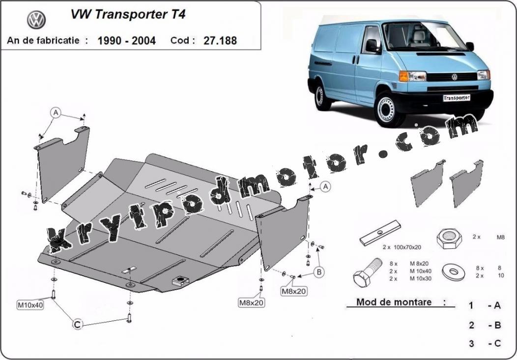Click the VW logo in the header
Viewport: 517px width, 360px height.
36,20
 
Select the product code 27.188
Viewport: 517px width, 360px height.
220,41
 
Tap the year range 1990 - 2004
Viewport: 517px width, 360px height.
127,41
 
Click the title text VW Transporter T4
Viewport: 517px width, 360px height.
128,15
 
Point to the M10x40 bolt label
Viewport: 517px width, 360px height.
30,305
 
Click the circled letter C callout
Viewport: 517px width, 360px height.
77,325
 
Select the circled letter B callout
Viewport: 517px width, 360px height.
319,272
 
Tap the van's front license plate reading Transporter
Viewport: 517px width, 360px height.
457,98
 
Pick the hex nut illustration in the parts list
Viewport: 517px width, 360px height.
449,238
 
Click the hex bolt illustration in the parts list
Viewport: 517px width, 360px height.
367,272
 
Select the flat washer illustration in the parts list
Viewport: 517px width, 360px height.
454,272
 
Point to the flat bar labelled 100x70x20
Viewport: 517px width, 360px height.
380,233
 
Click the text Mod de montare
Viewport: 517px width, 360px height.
394,302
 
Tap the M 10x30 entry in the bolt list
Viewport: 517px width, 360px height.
420,279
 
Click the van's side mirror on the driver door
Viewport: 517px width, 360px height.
373,46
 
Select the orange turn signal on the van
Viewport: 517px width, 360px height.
403,76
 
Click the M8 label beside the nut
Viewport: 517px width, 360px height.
500,237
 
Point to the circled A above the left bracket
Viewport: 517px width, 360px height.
56,113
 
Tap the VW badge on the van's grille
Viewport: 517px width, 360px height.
455,77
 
